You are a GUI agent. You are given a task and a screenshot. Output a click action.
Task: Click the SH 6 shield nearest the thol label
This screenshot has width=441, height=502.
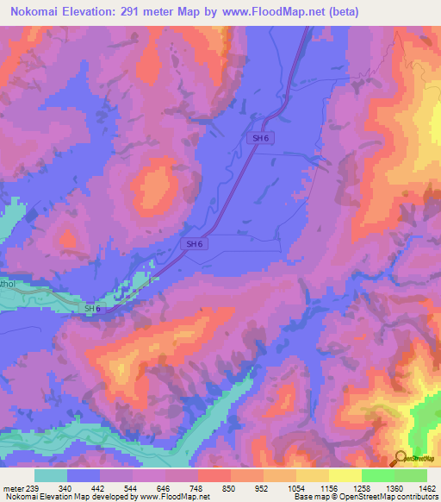point(92,309)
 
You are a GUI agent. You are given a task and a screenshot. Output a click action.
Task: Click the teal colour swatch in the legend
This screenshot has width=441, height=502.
point(51,474)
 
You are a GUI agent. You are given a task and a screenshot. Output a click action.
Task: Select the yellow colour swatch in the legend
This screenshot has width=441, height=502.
point(345,474)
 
